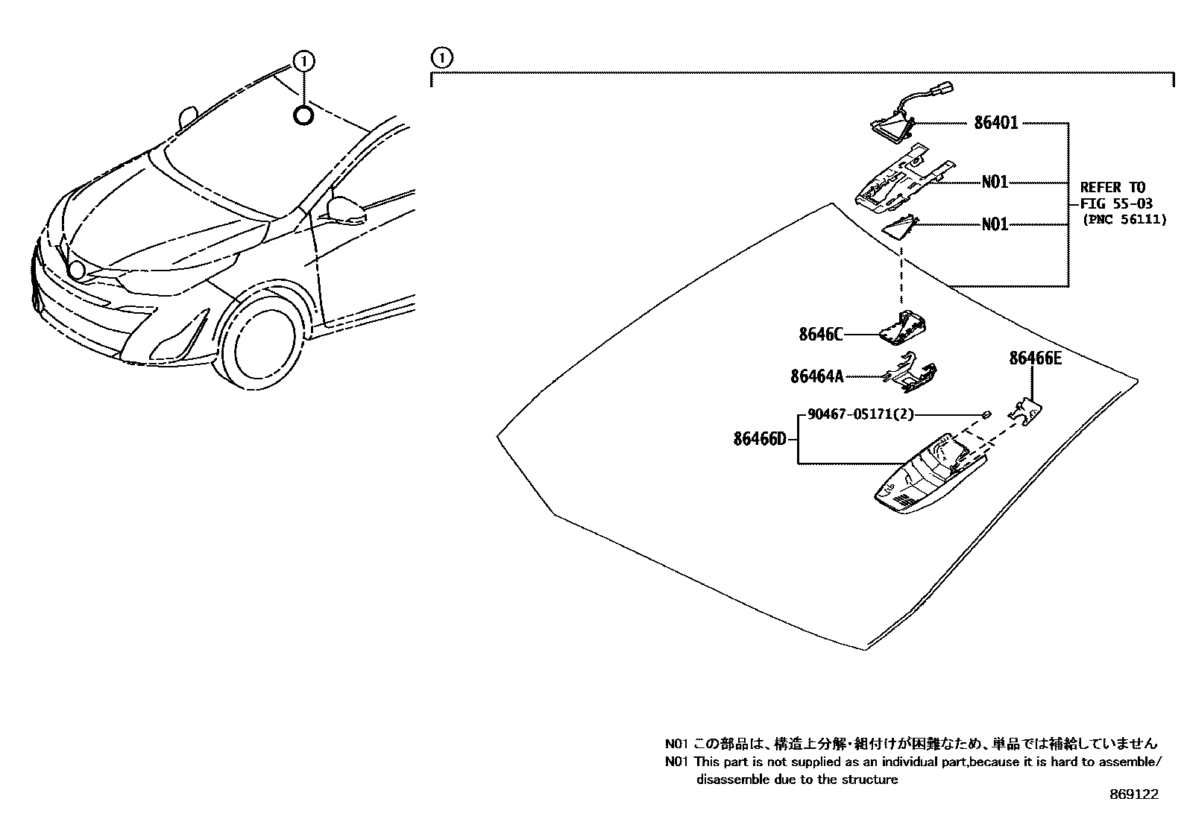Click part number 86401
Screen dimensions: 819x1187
tap(995, 123)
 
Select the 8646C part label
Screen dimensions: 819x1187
tap(820, 335)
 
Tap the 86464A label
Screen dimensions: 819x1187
tap(816, 377)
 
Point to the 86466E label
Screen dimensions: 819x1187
tap(1035, 358)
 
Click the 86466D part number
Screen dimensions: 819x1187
tap(759, 439)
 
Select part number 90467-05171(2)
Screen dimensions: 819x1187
tap(860, 414)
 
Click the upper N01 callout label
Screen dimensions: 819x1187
tap(994, 182)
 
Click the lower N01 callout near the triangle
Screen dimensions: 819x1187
tap(994, 224)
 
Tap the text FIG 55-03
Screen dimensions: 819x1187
tap(1116, 203)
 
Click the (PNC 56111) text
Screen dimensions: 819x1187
tap(1124, 220)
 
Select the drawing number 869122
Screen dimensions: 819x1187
tap(1134, 795)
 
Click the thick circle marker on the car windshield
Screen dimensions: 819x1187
tap(303, 116)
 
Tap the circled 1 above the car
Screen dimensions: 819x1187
tap(304, 60)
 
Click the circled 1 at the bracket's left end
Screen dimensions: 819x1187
tap(441, 57)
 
